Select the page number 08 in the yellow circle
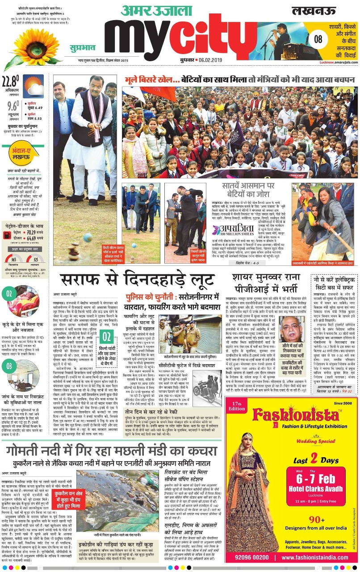[x=318, y=39]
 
